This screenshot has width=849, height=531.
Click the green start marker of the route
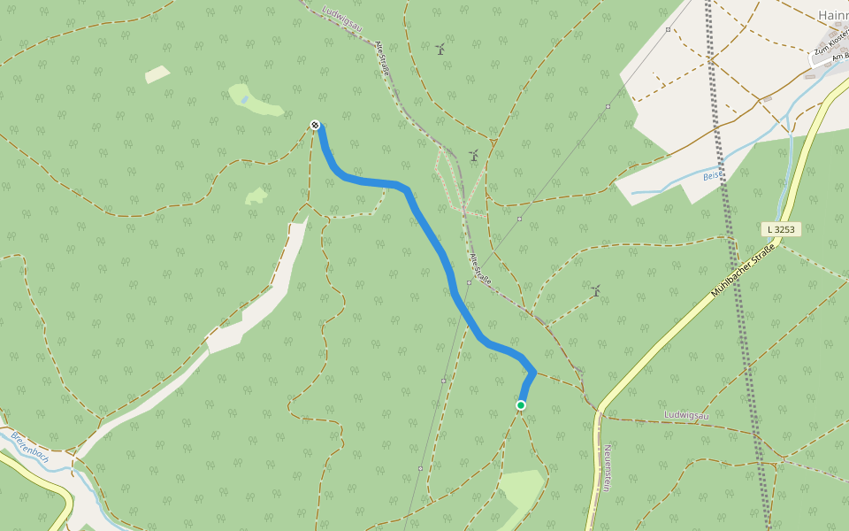[521, 405]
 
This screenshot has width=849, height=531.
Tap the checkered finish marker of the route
[315, 125]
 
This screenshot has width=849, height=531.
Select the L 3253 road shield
[781, 229]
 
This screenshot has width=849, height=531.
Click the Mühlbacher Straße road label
[743, 271]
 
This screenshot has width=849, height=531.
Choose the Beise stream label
[712, 175]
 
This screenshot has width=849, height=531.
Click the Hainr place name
[832, 15]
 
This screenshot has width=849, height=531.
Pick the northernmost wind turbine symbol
[440, 49]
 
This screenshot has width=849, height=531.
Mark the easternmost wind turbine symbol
[596, 289]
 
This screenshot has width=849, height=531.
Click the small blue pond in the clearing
[244, 100]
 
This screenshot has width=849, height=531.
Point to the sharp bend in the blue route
[533, 372]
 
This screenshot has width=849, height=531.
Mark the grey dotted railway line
[734, 265]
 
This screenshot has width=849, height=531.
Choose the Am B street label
[840, 57]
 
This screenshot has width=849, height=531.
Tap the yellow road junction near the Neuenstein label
[600, 412]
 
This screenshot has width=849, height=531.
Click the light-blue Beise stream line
[672, 178]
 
